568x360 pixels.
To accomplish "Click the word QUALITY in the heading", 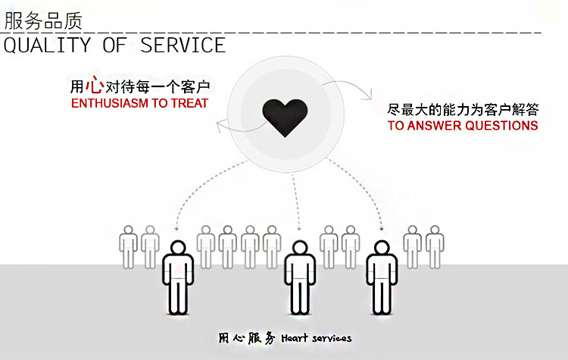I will pos(47,45).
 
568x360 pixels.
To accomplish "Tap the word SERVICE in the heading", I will pos(183,45).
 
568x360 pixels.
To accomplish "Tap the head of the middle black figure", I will pos(300,249).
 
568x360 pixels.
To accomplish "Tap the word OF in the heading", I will pos(116,45).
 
